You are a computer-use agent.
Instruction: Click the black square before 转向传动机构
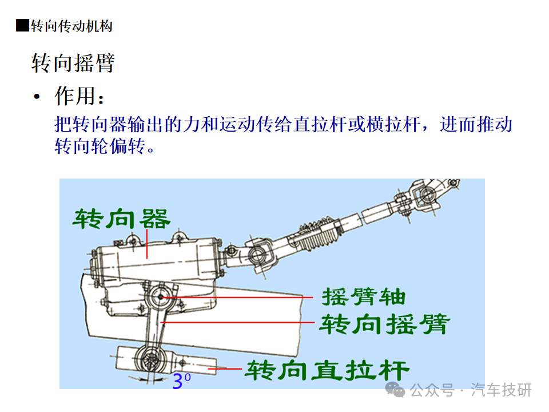tap(22, 26)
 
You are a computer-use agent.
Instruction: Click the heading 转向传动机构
tap(71, 26)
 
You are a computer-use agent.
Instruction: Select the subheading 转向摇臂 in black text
tap(73, 63)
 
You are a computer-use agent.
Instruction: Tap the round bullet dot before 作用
tap(37, 96)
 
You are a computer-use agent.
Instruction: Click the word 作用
tap(75, 96)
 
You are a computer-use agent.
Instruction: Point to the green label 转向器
tap(121, 219)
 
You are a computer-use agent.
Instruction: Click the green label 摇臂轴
tap(364, 297)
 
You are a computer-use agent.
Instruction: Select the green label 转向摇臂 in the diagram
tap(384, 324)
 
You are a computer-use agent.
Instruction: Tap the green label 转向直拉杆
tap(327, 370)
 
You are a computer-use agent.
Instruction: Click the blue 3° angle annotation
tap(181, 381)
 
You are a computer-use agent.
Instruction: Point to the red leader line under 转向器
tap(147, 244)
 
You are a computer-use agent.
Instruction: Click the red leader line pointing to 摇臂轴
tap(237, 298)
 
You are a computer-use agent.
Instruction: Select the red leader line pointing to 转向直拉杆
tap(225, 369)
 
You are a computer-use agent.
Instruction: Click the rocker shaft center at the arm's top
tap(160, 297)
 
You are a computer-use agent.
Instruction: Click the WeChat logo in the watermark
tap(395, 390)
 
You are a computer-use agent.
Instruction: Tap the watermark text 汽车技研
tap(502, 390)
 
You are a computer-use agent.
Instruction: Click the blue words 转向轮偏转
tap(100, 146)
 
